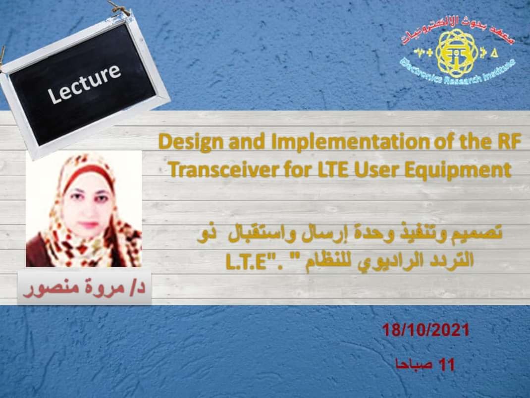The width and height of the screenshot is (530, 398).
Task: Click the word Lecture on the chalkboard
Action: tap(84, 84)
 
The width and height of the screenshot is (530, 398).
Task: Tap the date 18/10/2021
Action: tap(426, 330)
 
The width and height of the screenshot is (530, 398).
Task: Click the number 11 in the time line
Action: tap(446, 365)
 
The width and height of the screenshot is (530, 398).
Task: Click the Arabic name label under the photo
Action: tap(84, 288)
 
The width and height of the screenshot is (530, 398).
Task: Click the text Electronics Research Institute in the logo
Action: tap(458, 73)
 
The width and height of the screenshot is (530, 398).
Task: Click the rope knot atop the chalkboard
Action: tap(119, 8)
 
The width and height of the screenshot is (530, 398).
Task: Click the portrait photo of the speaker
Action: tap(84, 209)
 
